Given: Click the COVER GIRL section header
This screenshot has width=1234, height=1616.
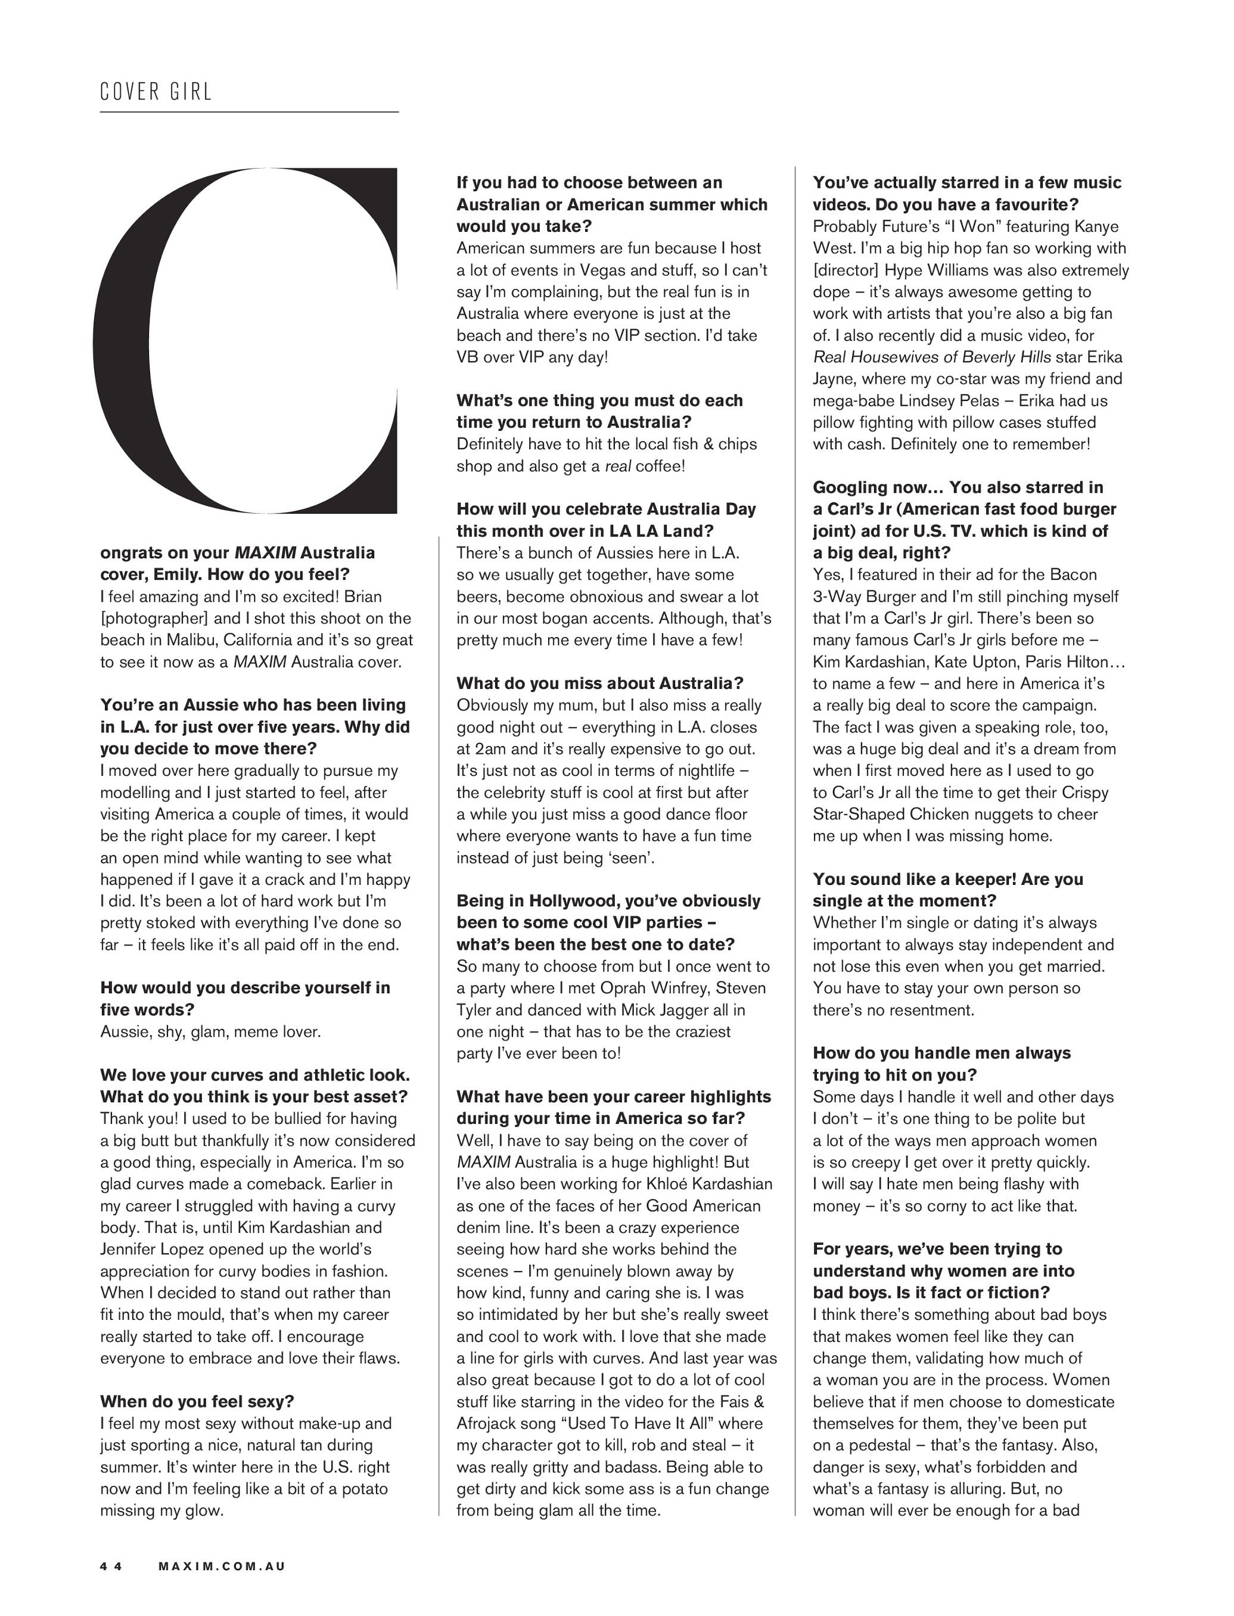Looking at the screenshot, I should (156, 92).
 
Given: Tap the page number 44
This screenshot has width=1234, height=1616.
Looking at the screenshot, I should (111, 1565).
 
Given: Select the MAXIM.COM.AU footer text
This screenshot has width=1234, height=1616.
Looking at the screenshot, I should (222, 1565).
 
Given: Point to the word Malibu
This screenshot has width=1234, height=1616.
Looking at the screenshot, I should (193, 640).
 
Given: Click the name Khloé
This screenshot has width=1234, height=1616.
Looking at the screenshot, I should (669, 1183).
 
